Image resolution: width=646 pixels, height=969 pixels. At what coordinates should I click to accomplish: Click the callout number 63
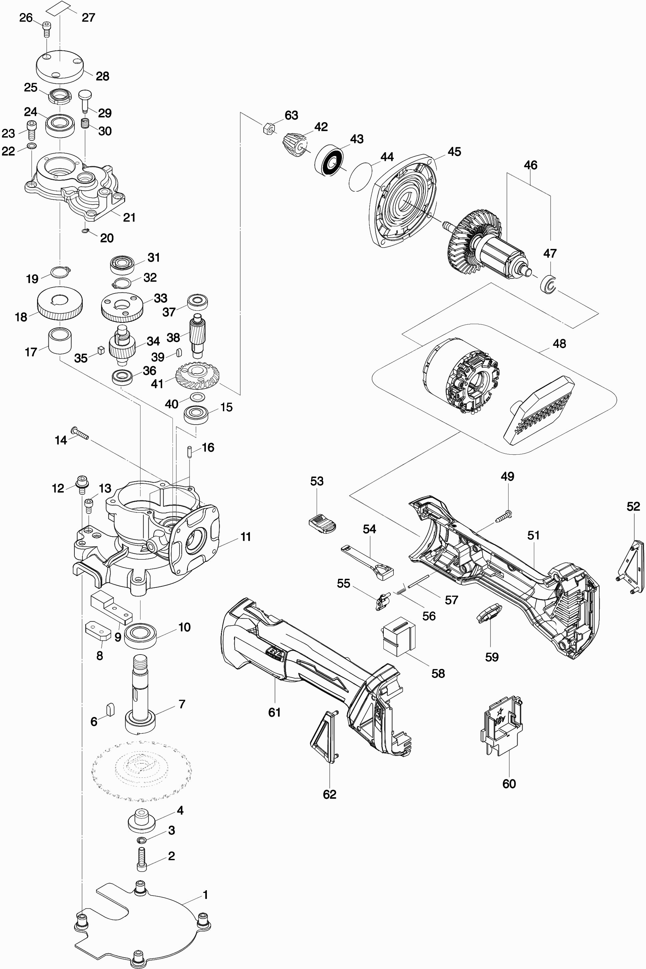coord(291,115)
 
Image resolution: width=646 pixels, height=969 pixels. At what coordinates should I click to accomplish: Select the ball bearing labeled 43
coord(329,160)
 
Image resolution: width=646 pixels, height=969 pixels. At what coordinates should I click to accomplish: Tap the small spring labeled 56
coord(400,591)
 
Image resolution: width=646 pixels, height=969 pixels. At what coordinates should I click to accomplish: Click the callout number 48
coord(559,343)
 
